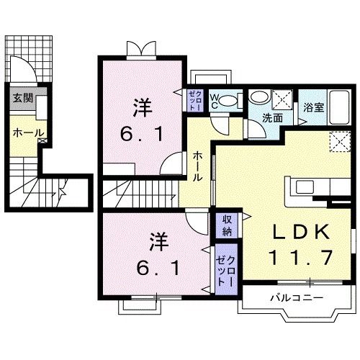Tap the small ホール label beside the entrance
click(x=28, y=133)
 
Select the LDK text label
click(x=302, y=232)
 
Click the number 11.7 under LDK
click(x=301, y=256)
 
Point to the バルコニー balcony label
click(x=297, y=297)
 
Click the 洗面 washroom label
click(x=271, y=117)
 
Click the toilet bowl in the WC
click(x=226, y=101)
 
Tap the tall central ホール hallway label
click(x=198, y=165)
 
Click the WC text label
click(x=214, y=102)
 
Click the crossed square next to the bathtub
click(x=283, y=99)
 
